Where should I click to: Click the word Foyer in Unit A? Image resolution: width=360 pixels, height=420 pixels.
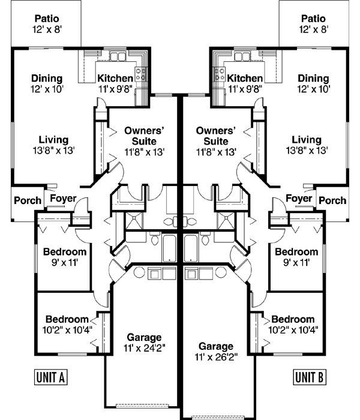pyautogui.click(x=61, y=199)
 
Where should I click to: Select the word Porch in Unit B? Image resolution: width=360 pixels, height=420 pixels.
pyautogui.click(x=332, y=200)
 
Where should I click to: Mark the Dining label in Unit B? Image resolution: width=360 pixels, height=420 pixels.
pyautogui.click(x=313, y=79)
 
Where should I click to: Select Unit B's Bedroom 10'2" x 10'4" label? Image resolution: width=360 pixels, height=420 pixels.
pyautogui.click(x=293, y=319)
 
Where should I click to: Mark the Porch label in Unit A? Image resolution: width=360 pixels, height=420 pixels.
pyautogui.click(x=28, y=200)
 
